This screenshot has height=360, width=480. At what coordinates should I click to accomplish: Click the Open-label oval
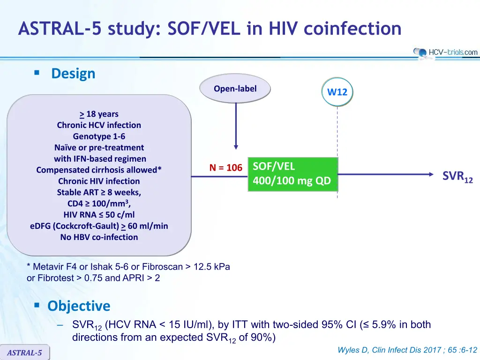[235, 89]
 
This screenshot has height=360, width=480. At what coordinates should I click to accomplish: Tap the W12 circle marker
[337, 92]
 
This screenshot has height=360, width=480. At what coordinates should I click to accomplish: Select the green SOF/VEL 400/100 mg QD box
[292, 174]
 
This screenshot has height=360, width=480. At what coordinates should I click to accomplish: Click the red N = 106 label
[225, 168]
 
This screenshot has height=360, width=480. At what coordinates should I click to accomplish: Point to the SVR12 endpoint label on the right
[457, 177]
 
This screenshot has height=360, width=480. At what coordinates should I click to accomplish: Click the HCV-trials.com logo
[445, 52]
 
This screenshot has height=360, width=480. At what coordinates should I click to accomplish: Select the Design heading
[73, 74]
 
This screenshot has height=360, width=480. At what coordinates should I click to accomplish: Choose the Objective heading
[79, 306]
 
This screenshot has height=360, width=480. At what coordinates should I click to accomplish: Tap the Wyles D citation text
[407, 350]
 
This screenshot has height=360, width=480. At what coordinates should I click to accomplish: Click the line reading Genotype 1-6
[99, 136]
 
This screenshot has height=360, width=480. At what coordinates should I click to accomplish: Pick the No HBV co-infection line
[99, 237]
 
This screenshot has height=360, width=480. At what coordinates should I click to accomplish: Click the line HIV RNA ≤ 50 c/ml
[99, 215]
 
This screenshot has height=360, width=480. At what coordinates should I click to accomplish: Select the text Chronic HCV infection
[99, 125]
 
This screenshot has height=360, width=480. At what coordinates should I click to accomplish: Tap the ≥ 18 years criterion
[99, 114]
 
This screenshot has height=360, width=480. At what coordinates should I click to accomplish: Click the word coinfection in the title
[352, 29]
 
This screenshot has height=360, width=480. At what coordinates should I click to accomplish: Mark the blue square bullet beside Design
[37, 73]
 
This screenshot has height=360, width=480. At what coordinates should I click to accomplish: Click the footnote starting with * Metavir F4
[128, 272]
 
